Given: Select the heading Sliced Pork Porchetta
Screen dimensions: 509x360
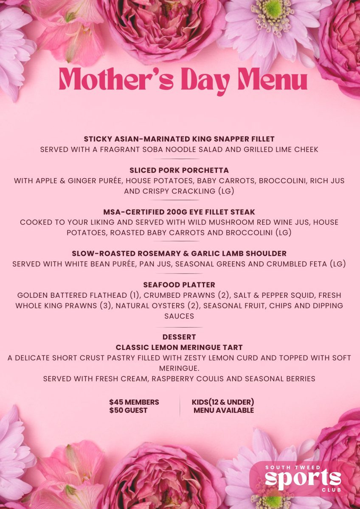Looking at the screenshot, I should (179, 170).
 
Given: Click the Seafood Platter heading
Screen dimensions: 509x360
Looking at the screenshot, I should (179, 285).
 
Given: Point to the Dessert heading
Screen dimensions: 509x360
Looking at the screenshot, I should (179, 337).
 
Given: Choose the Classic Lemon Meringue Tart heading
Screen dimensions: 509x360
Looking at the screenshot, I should (179, 347).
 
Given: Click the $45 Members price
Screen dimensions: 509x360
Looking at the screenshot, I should (134, 402).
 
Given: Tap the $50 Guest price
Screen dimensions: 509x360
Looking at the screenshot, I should (128, 410).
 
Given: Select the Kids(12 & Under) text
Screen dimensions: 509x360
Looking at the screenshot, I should (223, 402).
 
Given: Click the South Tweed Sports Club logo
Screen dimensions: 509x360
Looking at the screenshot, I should (303, 478).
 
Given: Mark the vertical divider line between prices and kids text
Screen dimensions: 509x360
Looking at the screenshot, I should (180, 406).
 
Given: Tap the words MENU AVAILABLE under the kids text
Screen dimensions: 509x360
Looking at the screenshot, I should (224, 410).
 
